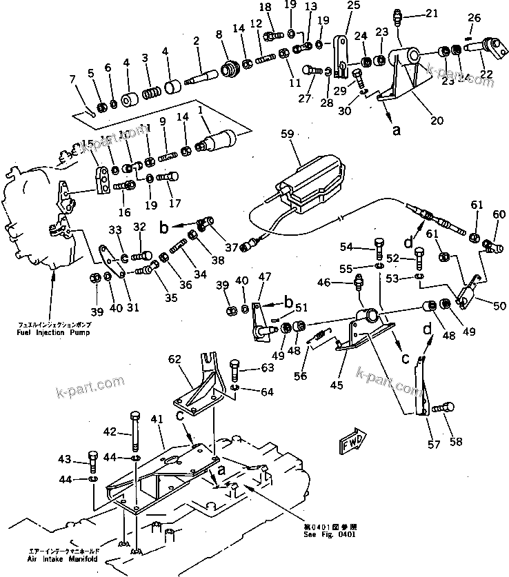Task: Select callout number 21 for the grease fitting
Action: coord(431,13)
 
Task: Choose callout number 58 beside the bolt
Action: coord(456,441)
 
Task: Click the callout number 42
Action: coord(110,432)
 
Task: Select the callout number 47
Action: coord(264,276)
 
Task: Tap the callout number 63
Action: coord(268,367)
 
